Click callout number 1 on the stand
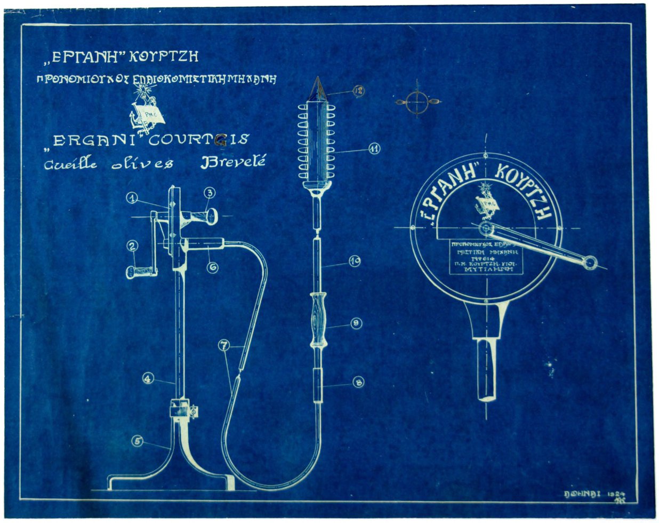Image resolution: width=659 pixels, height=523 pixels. (132, 198)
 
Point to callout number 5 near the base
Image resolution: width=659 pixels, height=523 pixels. (138, 441)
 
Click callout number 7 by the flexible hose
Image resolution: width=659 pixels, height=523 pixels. (224, 346)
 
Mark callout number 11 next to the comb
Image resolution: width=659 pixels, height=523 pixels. (374, 149)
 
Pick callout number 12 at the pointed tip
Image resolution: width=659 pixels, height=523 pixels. (359, 92)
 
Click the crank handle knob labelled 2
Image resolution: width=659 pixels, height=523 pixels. (140, 273)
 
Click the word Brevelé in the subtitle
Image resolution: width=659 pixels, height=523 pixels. (233, 163)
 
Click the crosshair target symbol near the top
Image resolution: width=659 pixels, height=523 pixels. (418, 101)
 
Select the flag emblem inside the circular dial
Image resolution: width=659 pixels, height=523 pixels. (487, 204)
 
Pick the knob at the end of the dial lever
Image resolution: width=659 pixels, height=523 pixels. (589, 263)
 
